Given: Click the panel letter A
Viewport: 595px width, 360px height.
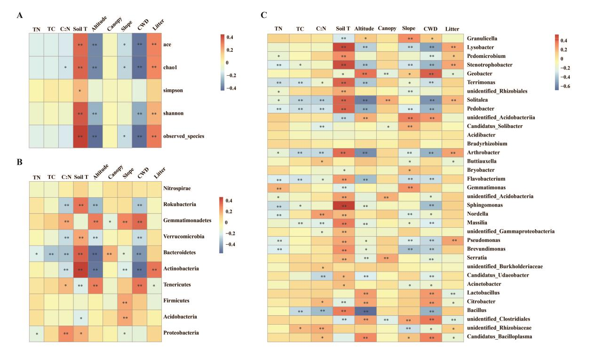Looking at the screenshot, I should click(19, 16).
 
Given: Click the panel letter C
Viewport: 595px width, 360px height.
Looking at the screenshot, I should click(264, 16).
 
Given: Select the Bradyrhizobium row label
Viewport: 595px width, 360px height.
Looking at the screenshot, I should click(486, 143).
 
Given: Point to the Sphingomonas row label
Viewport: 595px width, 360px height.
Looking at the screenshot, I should click(484, 205).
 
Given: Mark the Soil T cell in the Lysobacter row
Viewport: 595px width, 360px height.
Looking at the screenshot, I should click(344, 47).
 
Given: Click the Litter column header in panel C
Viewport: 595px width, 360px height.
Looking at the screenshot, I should click(451, 29).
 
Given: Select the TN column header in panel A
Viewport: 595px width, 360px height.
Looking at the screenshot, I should click(36, 29).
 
